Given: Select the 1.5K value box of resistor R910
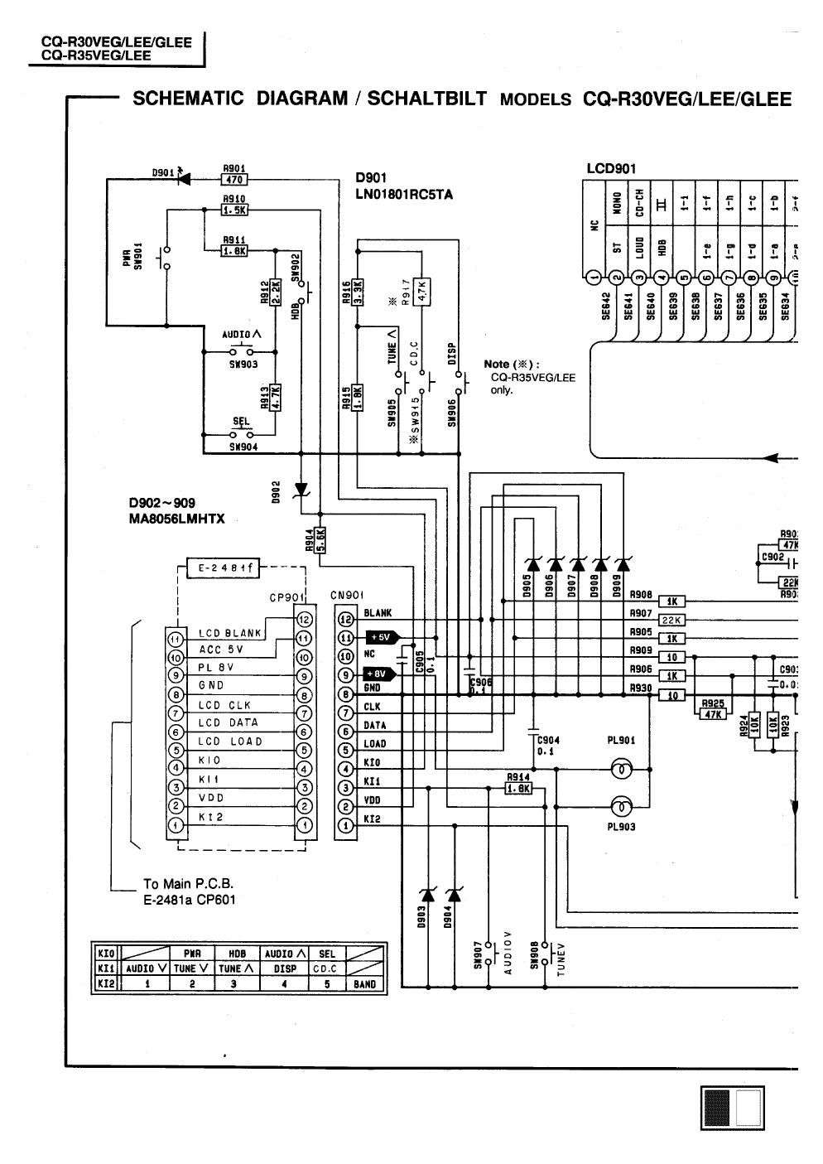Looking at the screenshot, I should (x=234, y=210).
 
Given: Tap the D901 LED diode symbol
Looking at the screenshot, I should (x=184, y=176).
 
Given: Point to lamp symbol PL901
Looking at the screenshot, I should (x=620, y=769).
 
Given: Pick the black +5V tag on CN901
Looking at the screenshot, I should (x=383, y=637).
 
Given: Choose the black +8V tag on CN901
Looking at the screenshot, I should (x=383, y=674).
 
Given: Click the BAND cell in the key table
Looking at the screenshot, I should (x=364, y=984).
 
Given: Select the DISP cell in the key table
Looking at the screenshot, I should (x=284, y=968).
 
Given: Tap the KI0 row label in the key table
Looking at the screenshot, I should (x=105, y=953).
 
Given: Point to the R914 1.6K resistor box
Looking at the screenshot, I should (x=518, y=788).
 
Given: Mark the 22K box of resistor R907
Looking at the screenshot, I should (x=669, y=621).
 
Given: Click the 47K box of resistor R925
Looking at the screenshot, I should (x=713, y=714).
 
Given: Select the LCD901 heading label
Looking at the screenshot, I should (x=611, y=169).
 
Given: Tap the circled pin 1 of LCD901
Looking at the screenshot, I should (x=594, y=278).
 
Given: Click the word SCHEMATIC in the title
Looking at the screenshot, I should (x=188, y=99).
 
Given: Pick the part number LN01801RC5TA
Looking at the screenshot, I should (x=404, y=196).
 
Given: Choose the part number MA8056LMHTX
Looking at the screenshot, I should (x=177, y=519).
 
